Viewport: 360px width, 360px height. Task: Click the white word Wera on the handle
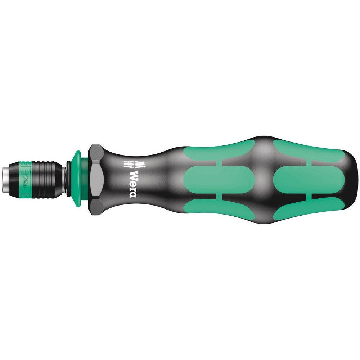point(133,183)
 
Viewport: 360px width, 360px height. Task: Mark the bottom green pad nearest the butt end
point(299,209)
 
